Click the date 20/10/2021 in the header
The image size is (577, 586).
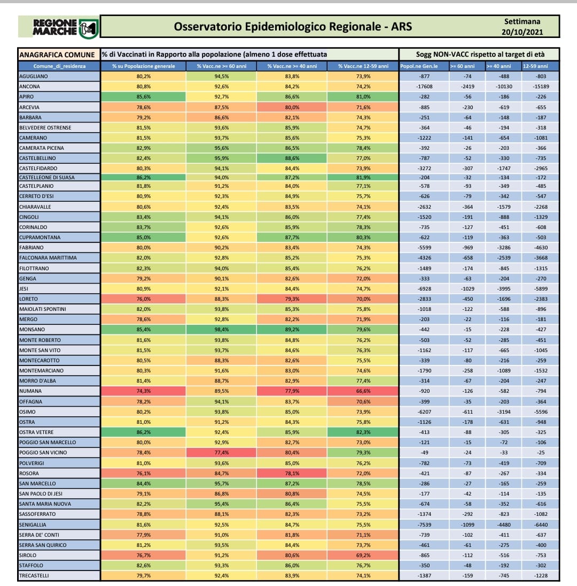521,32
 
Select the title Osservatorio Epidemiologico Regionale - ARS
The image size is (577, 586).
293,26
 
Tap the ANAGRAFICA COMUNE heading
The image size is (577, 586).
57,55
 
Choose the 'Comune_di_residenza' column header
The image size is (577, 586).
59,66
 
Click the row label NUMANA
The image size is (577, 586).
30,391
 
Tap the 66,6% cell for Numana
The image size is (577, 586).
363,391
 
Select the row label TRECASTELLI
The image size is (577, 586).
36,576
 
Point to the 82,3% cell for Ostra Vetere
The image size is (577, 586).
363,432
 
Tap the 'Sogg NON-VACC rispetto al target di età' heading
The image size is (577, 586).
479,55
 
